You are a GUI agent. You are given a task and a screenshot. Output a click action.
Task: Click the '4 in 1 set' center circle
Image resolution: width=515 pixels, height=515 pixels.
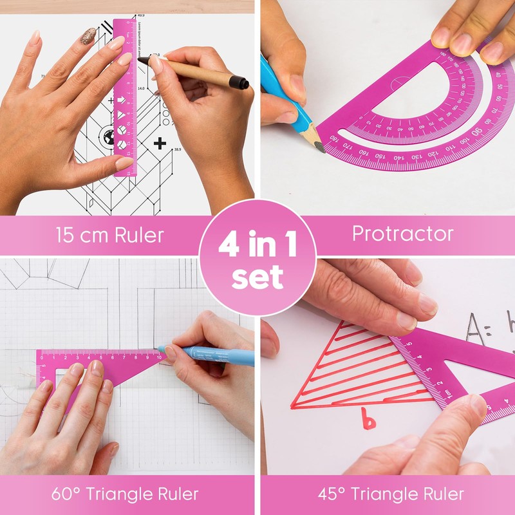coord(257,257)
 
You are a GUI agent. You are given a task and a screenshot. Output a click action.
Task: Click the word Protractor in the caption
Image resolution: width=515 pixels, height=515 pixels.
coord(402,233)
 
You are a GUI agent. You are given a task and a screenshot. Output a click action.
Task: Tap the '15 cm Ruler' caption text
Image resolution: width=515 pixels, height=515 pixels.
coord(109,235)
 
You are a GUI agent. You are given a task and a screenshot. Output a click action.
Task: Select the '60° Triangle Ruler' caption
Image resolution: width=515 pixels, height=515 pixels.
coord(125,494)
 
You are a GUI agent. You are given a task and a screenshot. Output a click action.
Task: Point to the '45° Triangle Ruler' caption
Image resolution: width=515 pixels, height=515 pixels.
coord(391,494)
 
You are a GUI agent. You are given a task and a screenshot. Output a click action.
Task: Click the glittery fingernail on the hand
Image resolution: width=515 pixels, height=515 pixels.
coord(88,35)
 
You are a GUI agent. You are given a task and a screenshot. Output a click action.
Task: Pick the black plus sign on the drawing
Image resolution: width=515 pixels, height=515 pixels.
coord(160,142)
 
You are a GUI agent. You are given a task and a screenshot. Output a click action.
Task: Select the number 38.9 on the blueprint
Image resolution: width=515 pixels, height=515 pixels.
coord(177,149)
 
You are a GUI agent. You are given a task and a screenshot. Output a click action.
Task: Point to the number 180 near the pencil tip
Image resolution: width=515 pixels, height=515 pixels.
coord(334,137)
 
